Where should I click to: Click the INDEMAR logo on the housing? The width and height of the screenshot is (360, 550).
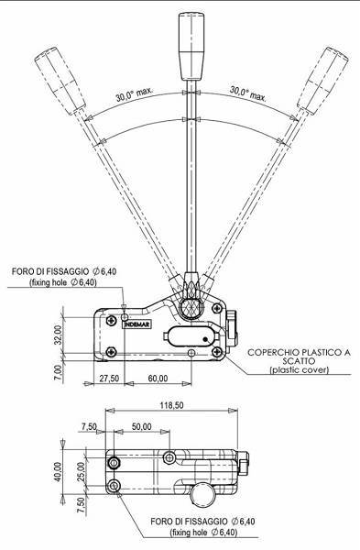coord(139,321)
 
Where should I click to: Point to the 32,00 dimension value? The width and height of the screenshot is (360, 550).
coord(59,333)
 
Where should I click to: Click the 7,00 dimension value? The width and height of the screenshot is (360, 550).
coord(59,370)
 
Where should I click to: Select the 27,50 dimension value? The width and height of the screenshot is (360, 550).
coord(109,378)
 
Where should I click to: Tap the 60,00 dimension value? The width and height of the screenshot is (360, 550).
coord(158,378)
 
